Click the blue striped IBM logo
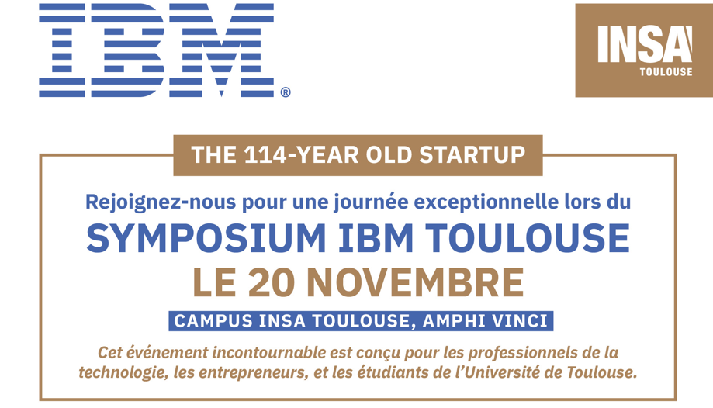pyautogui.click(x=157, y=50)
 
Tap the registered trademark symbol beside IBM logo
pyautogui.click(x=286, y=92)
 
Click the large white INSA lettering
pyautogui.click(x=645, y=43)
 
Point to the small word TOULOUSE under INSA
pyautogui.click(x=666, y=72)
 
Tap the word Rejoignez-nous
pyautogui.click(x=161, y=202)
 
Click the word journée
pyautogui.click(x=371, y=202)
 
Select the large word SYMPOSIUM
pyautogui.click(x=206, y=238)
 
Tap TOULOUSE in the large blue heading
pyautogui.click(x=528, y=238)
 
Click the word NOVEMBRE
pyautogui.click(x=416, y=282)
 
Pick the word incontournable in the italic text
pyautogui.click(x=268, y=352)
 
